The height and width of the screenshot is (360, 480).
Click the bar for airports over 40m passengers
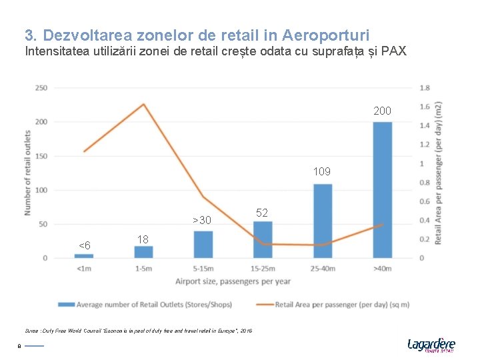pyautogui.click(x=382, y=190)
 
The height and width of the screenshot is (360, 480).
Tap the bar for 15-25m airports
pyautogui.click(x=263, y=240)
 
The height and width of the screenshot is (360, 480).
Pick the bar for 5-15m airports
pyautogui.click(x=203, y=245)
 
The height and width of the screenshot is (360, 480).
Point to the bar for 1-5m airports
pyautogui.click(x=143, y=252)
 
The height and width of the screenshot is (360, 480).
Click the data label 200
pyautogui.click(x=383, y=111)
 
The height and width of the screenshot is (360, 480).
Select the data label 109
pyautogui.click(x=321, y=172)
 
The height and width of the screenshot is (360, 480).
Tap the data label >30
pyautogui.click(x=201, y=221)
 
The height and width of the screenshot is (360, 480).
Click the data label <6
pyautogui.click(x=85, y=245)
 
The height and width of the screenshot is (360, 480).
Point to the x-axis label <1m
pyautogui.click(x=84, y=269)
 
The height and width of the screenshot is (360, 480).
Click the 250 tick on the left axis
pyautogui.click(x=41, y=88)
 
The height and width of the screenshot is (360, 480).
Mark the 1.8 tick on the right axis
pyautogui.click(x=425, y=87)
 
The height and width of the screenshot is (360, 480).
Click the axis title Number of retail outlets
pyautogui.click(x=28, y=172)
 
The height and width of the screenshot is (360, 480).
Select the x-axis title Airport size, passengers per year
pyautogui.click(x=233, y=281)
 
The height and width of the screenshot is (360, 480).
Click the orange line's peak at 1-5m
pyautogui.click(x=143, y=104)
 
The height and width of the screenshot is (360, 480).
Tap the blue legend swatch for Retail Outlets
pyautogui.click(x=66, y=305)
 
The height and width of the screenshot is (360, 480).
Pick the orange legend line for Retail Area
pyautogui.click(x=264, y=305)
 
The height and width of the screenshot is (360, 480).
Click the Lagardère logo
pyautogui.click(x=431, y=344)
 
